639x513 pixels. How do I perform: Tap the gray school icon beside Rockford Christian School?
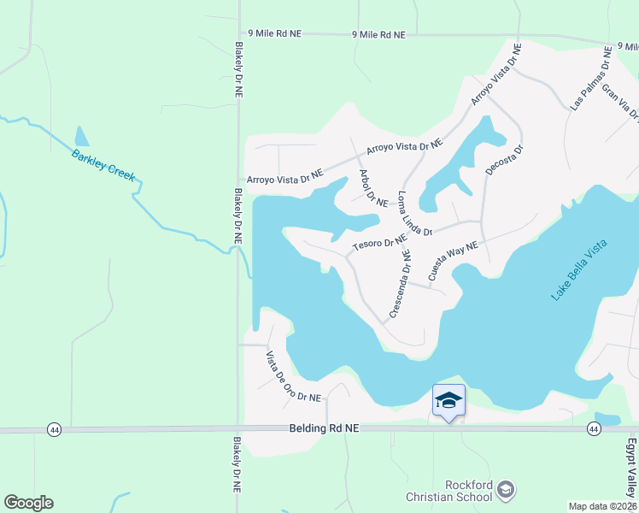(x=506, y=489)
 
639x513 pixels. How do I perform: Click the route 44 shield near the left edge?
(x=55, y=428)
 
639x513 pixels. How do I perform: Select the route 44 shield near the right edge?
(x=594, y=427)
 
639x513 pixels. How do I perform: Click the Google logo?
(x=28, y=503)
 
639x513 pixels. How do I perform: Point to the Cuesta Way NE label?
(x=452, y=262)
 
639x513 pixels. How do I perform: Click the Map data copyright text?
(x=603, y=506)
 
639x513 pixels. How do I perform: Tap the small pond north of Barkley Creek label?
(x=81, y=137)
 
